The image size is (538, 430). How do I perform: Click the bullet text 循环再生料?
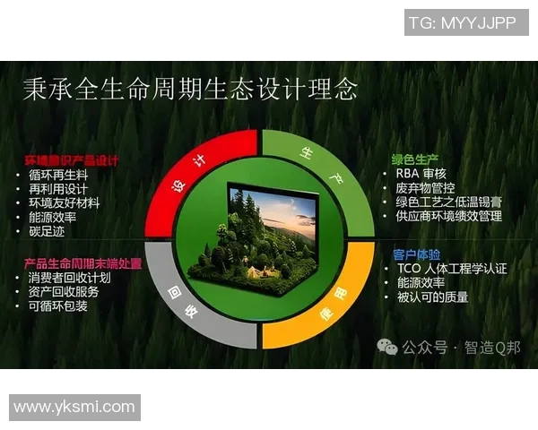point(58,175)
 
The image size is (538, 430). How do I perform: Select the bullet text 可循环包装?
point(65,306)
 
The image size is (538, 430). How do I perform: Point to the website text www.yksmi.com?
point(74,408)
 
